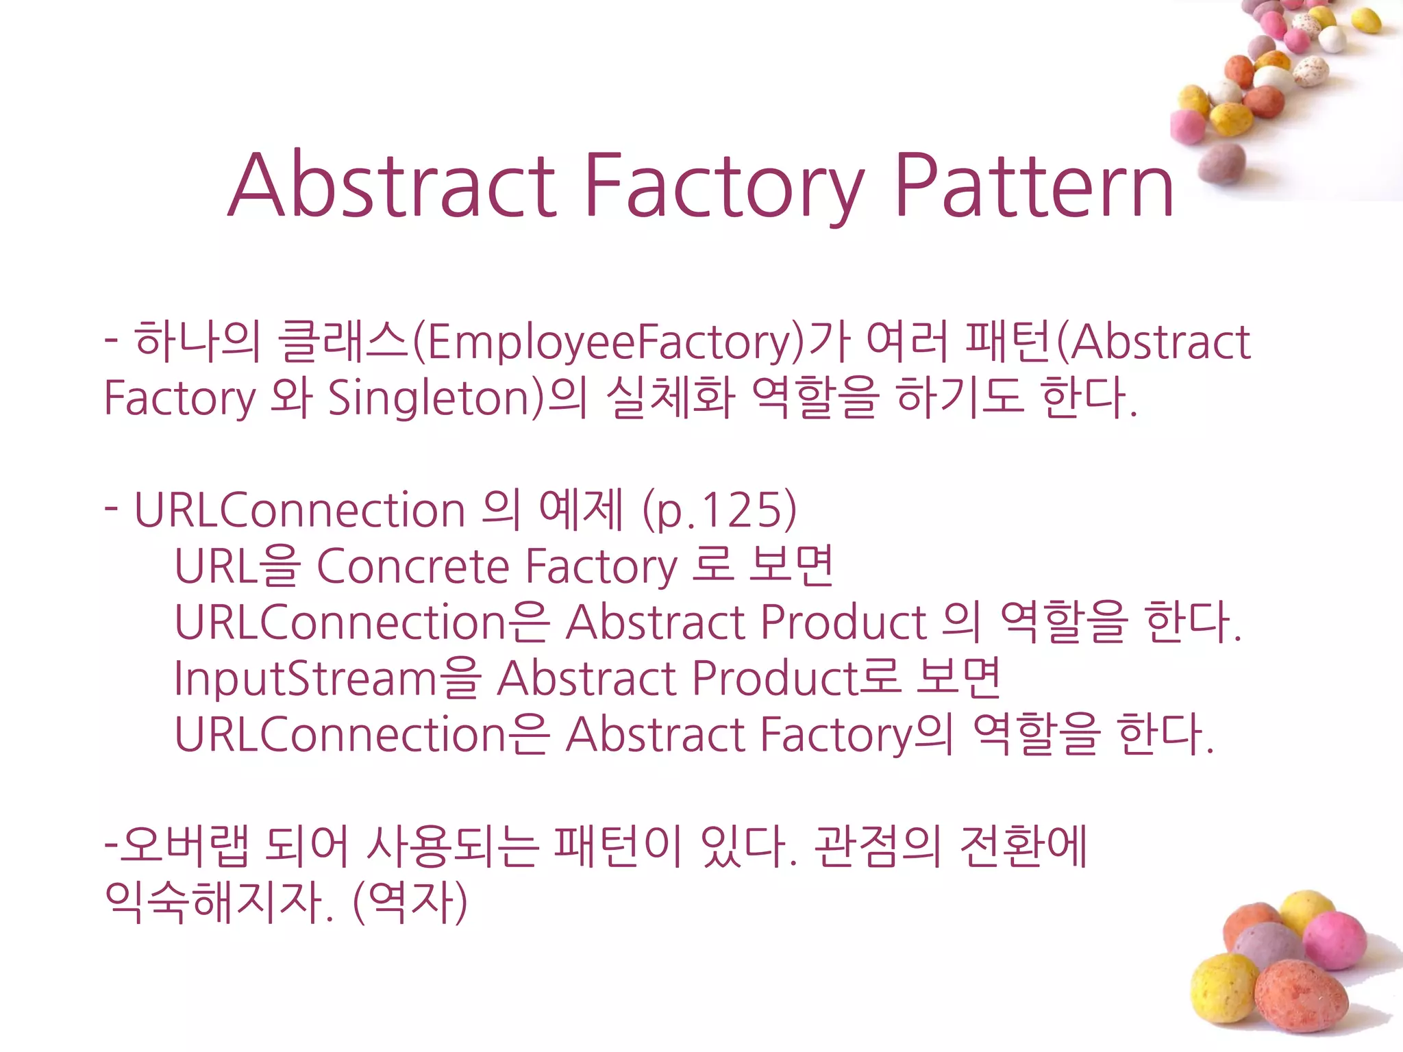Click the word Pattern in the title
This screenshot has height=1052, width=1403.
click(1034, 186)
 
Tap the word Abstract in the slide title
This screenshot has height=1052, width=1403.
click(391, 186)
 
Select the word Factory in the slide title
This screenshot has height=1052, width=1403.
click(723, 186)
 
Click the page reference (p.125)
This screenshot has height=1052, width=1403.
click(720, 511)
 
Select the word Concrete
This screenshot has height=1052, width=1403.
click(413, 567)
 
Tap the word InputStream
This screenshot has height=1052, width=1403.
click(306, 679)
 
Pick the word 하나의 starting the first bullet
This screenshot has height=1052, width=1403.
click(197, 342)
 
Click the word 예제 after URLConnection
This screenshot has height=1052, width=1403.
click(580, 511)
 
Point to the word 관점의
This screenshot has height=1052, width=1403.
click(878, 848)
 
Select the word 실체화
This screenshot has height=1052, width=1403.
click(671, 399)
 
